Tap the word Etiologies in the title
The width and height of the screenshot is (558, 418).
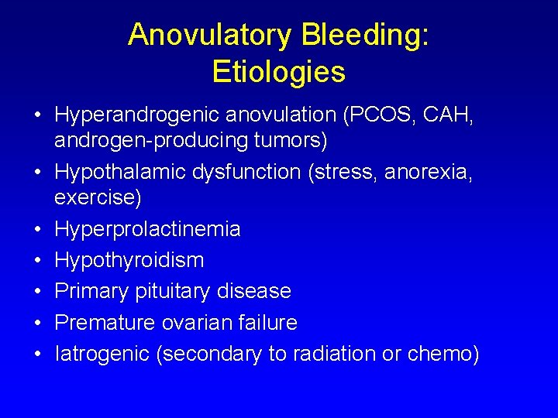(x=278, y=72)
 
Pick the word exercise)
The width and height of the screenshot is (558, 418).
(x=98, y=199)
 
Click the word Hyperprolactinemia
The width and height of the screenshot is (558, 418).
(x=147, y=230)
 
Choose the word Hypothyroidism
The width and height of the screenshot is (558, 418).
(x=129, y=261)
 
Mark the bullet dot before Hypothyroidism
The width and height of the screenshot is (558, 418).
(x=37, y=261)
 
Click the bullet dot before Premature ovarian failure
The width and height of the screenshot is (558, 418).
(x=37, y=323)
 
